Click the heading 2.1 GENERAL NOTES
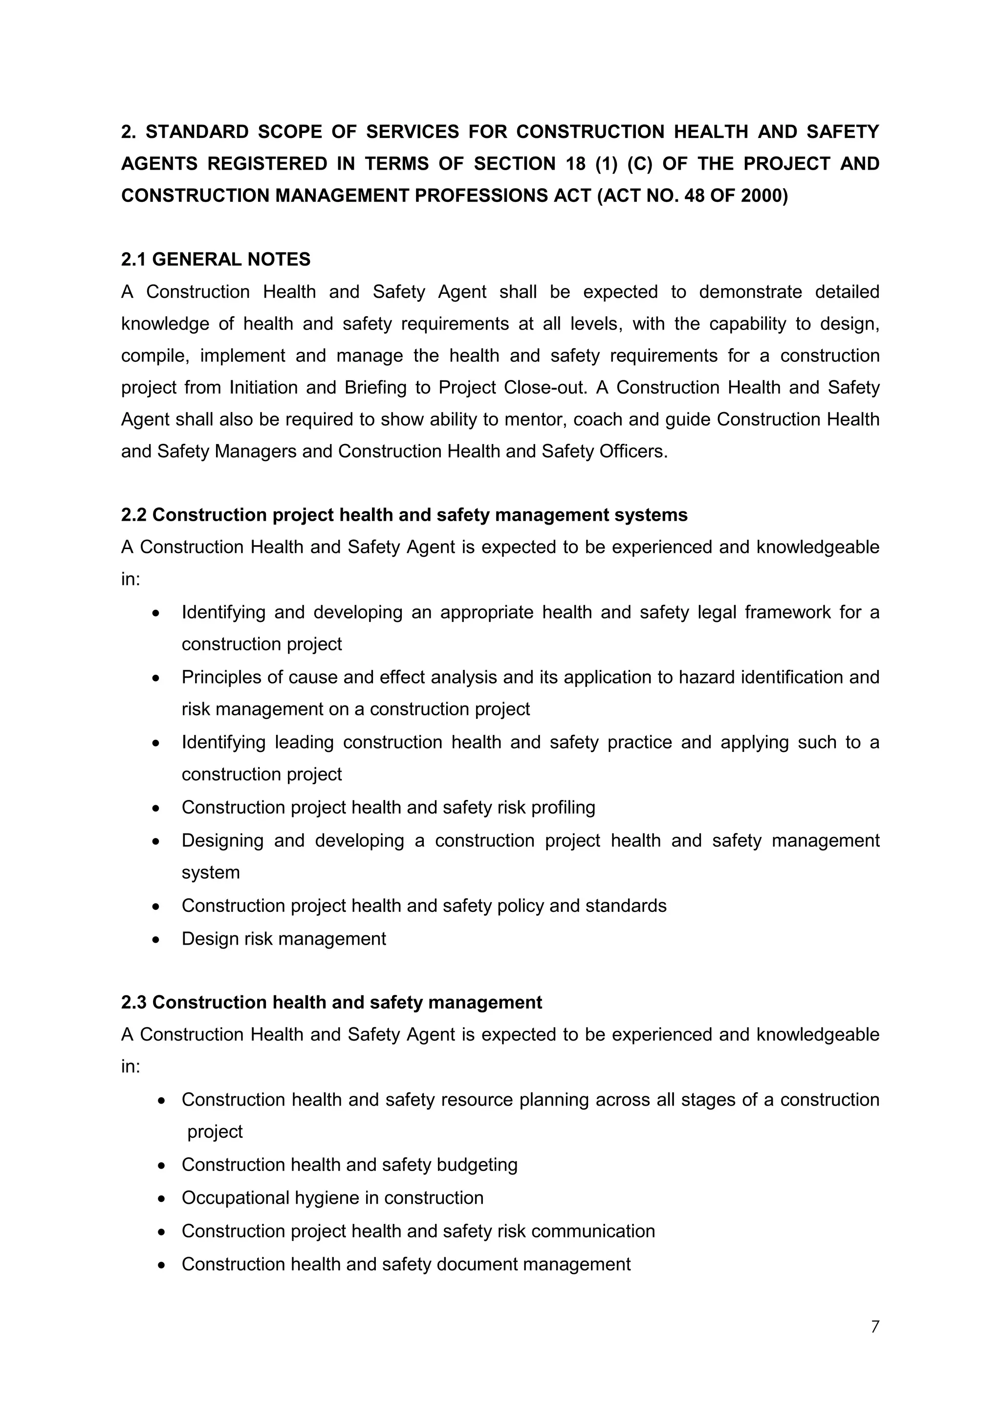(216, 260)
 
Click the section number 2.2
(134, 515)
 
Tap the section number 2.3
(134, 1003)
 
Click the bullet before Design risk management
(157, 940)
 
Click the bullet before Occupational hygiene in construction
(161, 1199)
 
